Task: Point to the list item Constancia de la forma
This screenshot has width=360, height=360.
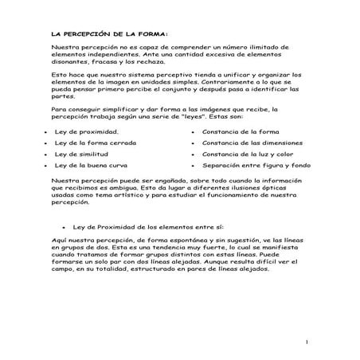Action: (x=240, y=131)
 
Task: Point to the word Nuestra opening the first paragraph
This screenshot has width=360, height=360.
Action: (x=64, y=48)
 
